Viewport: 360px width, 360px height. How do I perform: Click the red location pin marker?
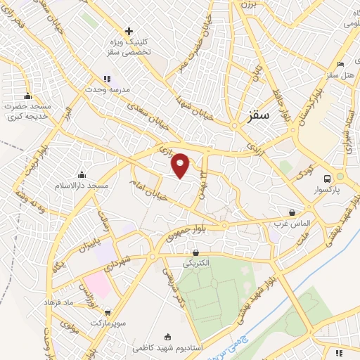pyautogui.click(x=181, y=164)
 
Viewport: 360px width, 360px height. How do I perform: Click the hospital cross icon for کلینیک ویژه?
pyautogui.click(x=129, y=32)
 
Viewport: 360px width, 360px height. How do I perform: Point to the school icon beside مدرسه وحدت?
pyautogui.click(x=106, y=79)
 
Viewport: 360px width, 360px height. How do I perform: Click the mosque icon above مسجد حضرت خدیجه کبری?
pyautogui.click(x=27, y=96)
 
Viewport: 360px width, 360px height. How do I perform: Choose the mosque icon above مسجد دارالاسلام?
pyautogui.click(x=83, y=175)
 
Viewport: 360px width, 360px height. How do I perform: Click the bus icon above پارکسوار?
pyautogui.click(x=326, y=179)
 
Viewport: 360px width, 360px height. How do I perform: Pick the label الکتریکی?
pyautogui.click(x=196, y=263)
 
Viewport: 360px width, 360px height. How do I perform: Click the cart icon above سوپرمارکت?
pyautogui.click(x=107, y=312)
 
